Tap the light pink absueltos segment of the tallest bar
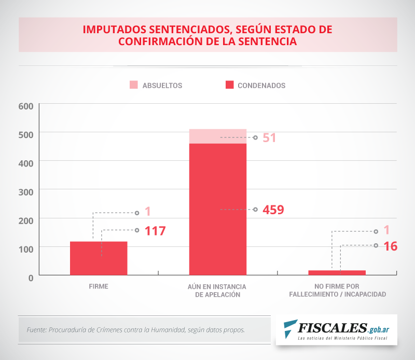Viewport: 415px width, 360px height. (217, 136)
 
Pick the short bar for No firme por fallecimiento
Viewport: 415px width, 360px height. (337, 272)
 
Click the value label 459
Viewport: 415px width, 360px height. (273, 210)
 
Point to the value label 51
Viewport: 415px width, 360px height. (269, 138)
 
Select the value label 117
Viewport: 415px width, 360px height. (155, 231)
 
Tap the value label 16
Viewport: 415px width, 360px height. (391, 246)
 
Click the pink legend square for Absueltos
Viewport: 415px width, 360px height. (134, 85)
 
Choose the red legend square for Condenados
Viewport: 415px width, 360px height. (229, 85)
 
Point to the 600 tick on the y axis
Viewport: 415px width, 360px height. (26, 106)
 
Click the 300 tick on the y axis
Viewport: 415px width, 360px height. (26, 191)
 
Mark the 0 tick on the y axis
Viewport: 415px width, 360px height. (31, 277)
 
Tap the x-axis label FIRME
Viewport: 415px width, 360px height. (99, 286)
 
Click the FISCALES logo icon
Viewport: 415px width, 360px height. (291, 328)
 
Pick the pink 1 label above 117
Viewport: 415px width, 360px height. (147, 212)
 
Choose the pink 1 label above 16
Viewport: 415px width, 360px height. (386, 230)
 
